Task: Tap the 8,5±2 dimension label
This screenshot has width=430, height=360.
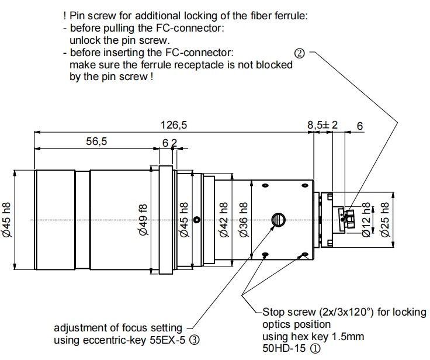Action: [322, 125]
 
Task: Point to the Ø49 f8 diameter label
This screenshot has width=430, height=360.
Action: [144, 219]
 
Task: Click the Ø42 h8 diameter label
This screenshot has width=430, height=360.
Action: [224, 219]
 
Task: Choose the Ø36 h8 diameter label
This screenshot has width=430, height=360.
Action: [243, 219]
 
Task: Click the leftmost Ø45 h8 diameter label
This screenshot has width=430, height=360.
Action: [7, 219]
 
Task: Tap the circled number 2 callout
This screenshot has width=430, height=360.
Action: [300, 54]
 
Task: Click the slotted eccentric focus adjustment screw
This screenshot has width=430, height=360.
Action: [278, 219]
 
